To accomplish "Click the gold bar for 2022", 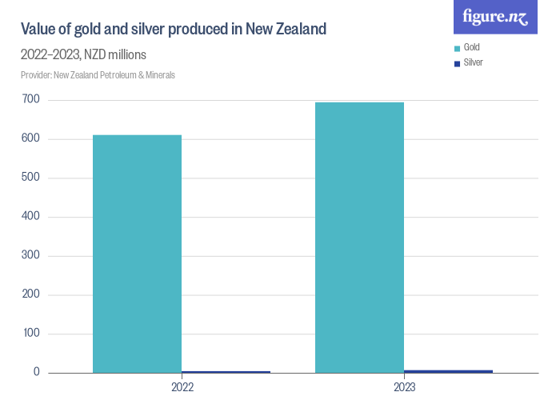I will pyautogui.click(x=137, y=254).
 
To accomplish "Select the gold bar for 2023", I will pyautogui.click(x=359, y=238).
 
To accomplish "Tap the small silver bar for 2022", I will pyautogui.click(x=226, y=372).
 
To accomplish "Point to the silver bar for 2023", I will pyautogui.click(x=449, y=371).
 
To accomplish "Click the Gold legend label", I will pyautogui.click(x=471, y=48).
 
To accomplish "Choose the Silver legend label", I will pyautogui.click(x=473, y=62).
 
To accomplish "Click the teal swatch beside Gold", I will pyautogui.click(x=457, y=49).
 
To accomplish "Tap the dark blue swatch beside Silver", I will pyautogui.click(x=457, y=63).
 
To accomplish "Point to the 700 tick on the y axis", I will pyautogui.click(x=31, y=100).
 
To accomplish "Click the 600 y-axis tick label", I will pyautogui.click(x=31, y=139).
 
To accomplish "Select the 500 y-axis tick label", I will pyautogui.click(x=31, y=178).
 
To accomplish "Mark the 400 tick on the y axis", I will pyautogui.click(x=31, y=217).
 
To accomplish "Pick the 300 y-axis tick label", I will pyautogui.click(x=31, y=256).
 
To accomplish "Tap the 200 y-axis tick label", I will pyautogui.click(x=31, y=294).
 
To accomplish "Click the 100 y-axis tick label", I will pyautogui.click(x=31, y=334).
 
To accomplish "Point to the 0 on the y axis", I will pyautogui.click(x=36, y=373).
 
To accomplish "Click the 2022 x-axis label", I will pyautogui.click(x=182, y=387).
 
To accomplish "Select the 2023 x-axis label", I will pyautogui.click(x=404, y=387).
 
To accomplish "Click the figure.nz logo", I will pyautogui.click(x=495, y=17).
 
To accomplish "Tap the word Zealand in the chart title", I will pyautogui.click(x=298, y=30).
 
